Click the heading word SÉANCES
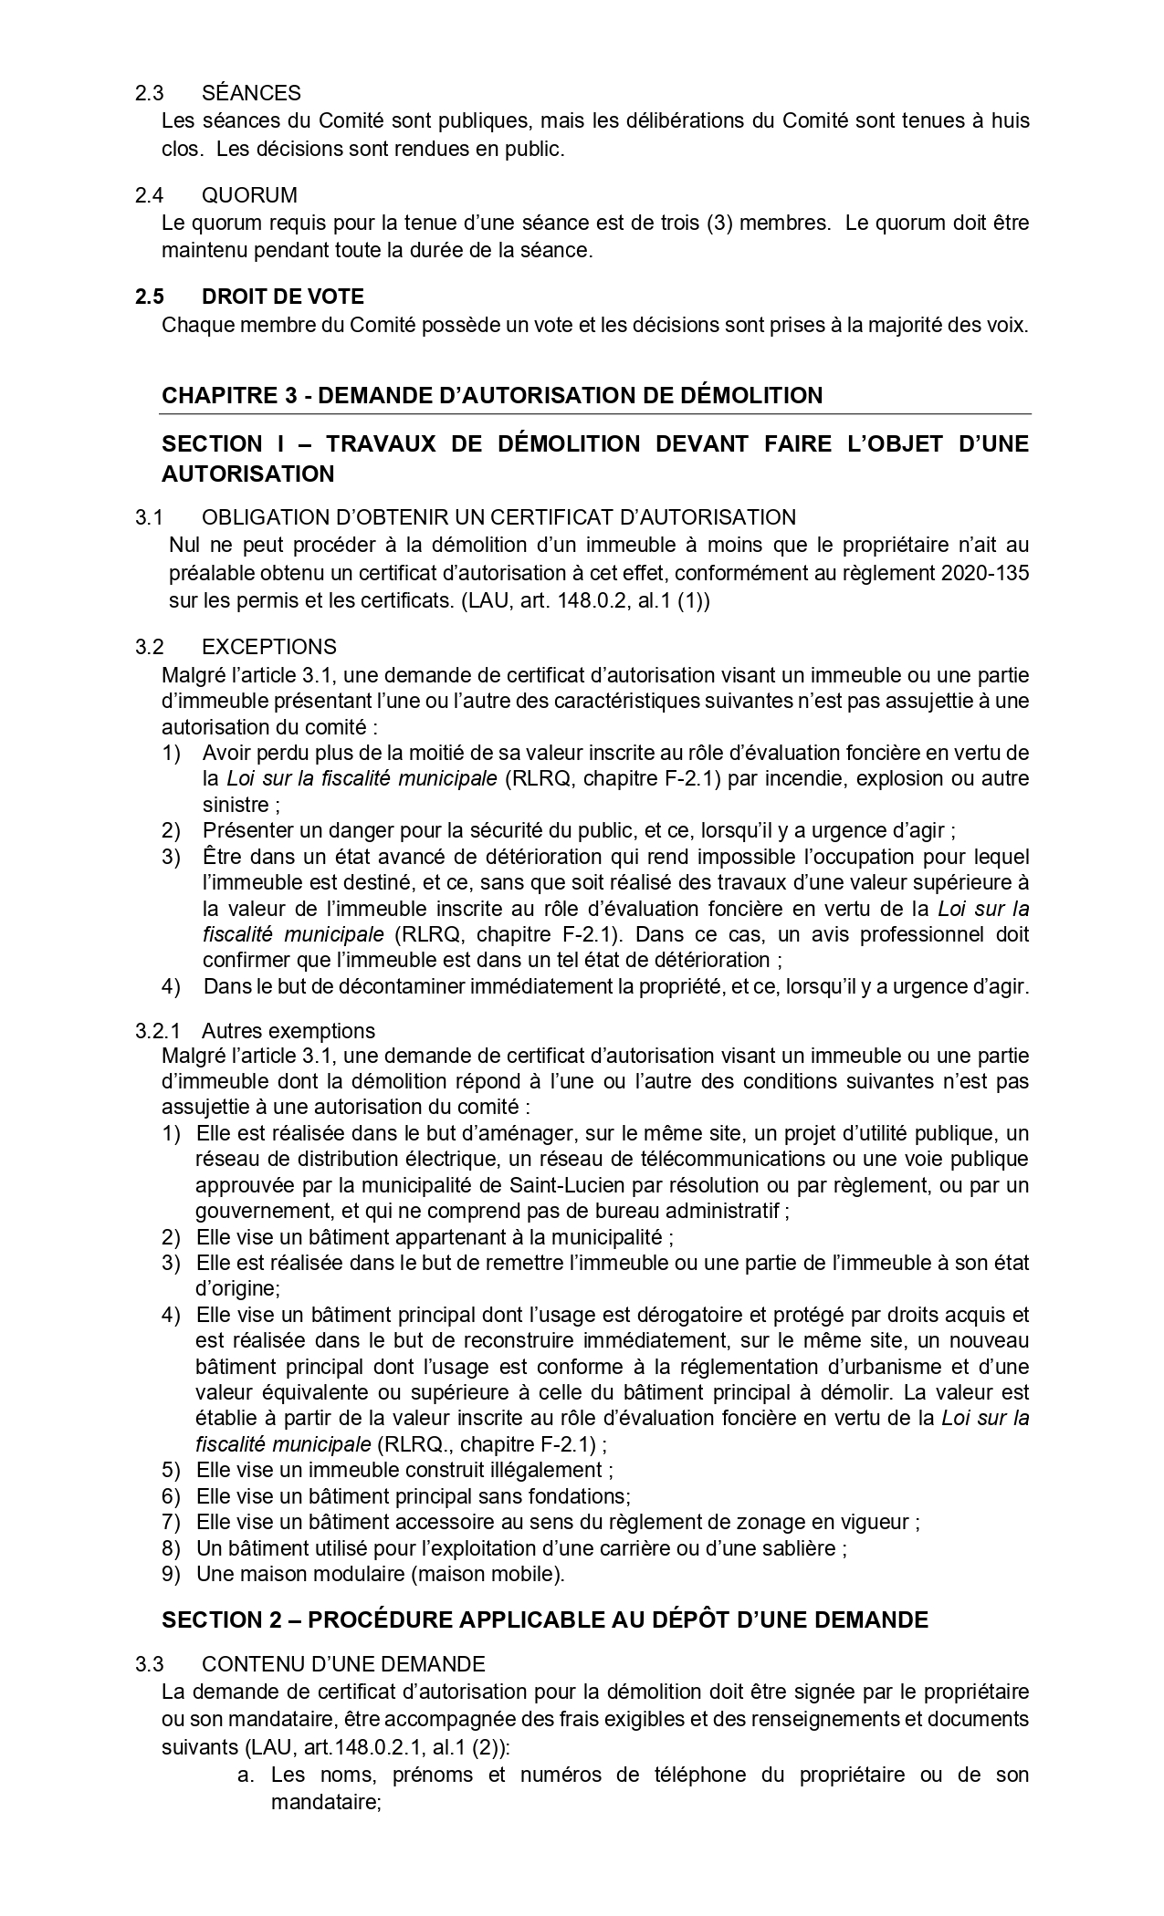[x=251, y=93]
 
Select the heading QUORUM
[x=249, y=195]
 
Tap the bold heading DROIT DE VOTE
[x=282, y=297]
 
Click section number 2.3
[x=149, y=93]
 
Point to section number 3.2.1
[x=158, y=1031]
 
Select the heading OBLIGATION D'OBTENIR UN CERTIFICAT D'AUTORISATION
[x=498, y=517]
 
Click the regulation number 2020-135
[x=985, y=572]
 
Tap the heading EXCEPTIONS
[x=268, y=647]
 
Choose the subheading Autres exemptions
[x=288, y=1031]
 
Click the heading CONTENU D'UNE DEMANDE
[x=343, y=1663]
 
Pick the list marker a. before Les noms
[x=244, y=1775]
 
